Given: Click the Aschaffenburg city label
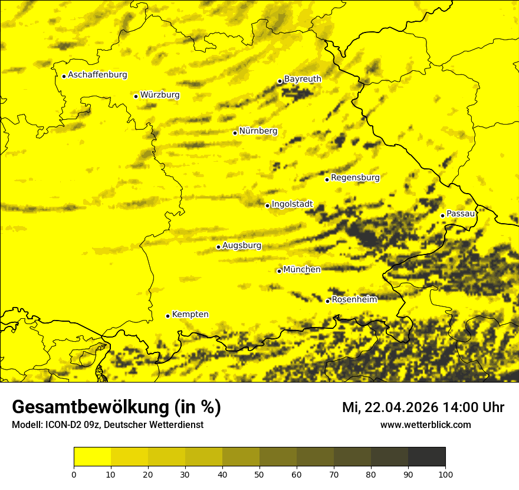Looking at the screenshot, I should (97, 75).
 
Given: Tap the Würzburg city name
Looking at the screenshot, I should (160, 95).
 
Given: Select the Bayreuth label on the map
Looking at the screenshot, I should (303, 79).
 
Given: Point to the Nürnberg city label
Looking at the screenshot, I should (258, 131).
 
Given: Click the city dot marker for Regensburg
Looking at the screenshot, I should (327, 179).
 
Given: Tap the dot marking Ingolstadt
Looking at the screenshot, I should (267, 205).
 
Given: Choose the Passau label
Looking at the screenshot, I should (461, 214).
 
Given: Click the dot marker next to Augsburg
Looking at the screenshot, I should (218, 247).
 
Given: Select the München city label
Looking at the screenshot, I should (302, 270).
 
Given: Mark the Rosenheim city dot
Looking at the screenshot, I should (327, 301).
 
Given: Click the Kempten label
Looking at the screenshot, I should (190, 315).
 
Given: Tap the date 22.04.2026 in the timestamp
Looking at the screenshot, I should (401, 407).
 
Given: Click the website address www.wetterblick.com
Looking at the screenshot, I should (426, 425).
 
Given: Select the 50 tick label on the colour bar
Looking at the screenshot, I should (259, 474).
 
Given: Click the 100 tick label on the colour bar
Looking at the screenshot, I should (445, 474).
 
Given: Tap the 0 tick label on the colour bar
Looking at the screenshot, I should (74, 474).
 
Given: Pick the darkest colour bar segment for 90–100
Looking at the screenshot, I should (426, 457).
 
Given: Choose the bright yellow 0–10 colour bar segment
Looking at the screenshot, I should (92, 457).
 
